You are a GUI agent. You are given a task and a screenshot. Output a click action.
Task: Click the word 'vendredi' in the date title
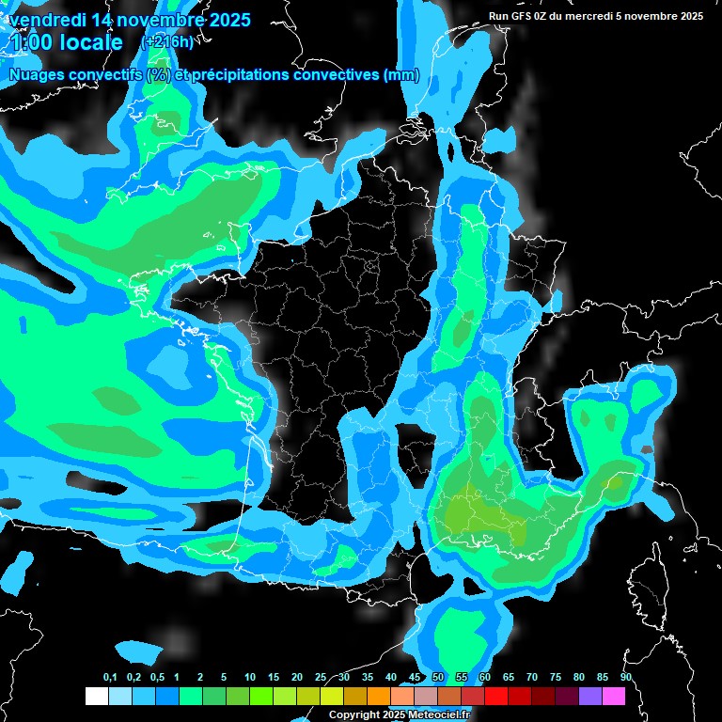(43, 20)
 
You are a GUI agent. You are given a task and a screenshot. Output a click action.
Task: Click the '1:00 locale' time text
(67, 42)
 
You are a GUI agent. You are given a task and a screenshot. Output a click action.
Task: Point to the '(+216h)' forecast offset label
(166, 42)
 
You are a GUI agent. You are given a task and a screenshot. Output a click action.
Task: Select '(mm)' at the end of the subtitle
(401, 75)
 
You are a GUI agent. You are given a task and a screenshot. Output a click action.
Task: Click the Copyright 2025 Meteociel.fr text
(400, 715)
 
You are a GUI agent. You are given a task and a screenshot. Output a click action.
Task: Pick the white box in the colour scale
(96, 696)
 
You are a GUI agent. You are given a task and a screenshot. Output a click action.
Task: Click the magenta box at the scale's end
(613, 696)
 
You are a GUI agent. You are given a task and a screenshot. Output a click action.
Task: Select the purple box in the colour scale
(589, 696)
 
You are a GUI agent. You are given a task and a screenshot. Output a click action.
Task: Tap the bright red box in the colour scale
(495, 696)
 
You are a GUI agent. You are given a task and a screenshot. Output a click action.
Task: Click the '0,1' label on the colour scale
(110, 678)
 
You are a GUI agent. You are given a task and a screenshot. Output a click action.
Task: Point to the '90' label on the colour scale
(626, 678)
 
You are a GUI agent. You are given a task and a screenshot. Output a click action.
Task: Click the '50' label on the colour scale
(438, 678)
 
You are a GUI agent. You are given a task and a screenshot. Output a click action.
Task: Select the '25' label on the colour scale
(321, 678)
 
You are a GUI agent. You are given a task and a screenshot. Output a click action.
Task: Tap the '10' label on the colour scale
(250, 678)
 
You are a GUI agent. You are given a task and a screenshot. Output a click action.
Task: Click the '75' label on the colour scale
(556, 678)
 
